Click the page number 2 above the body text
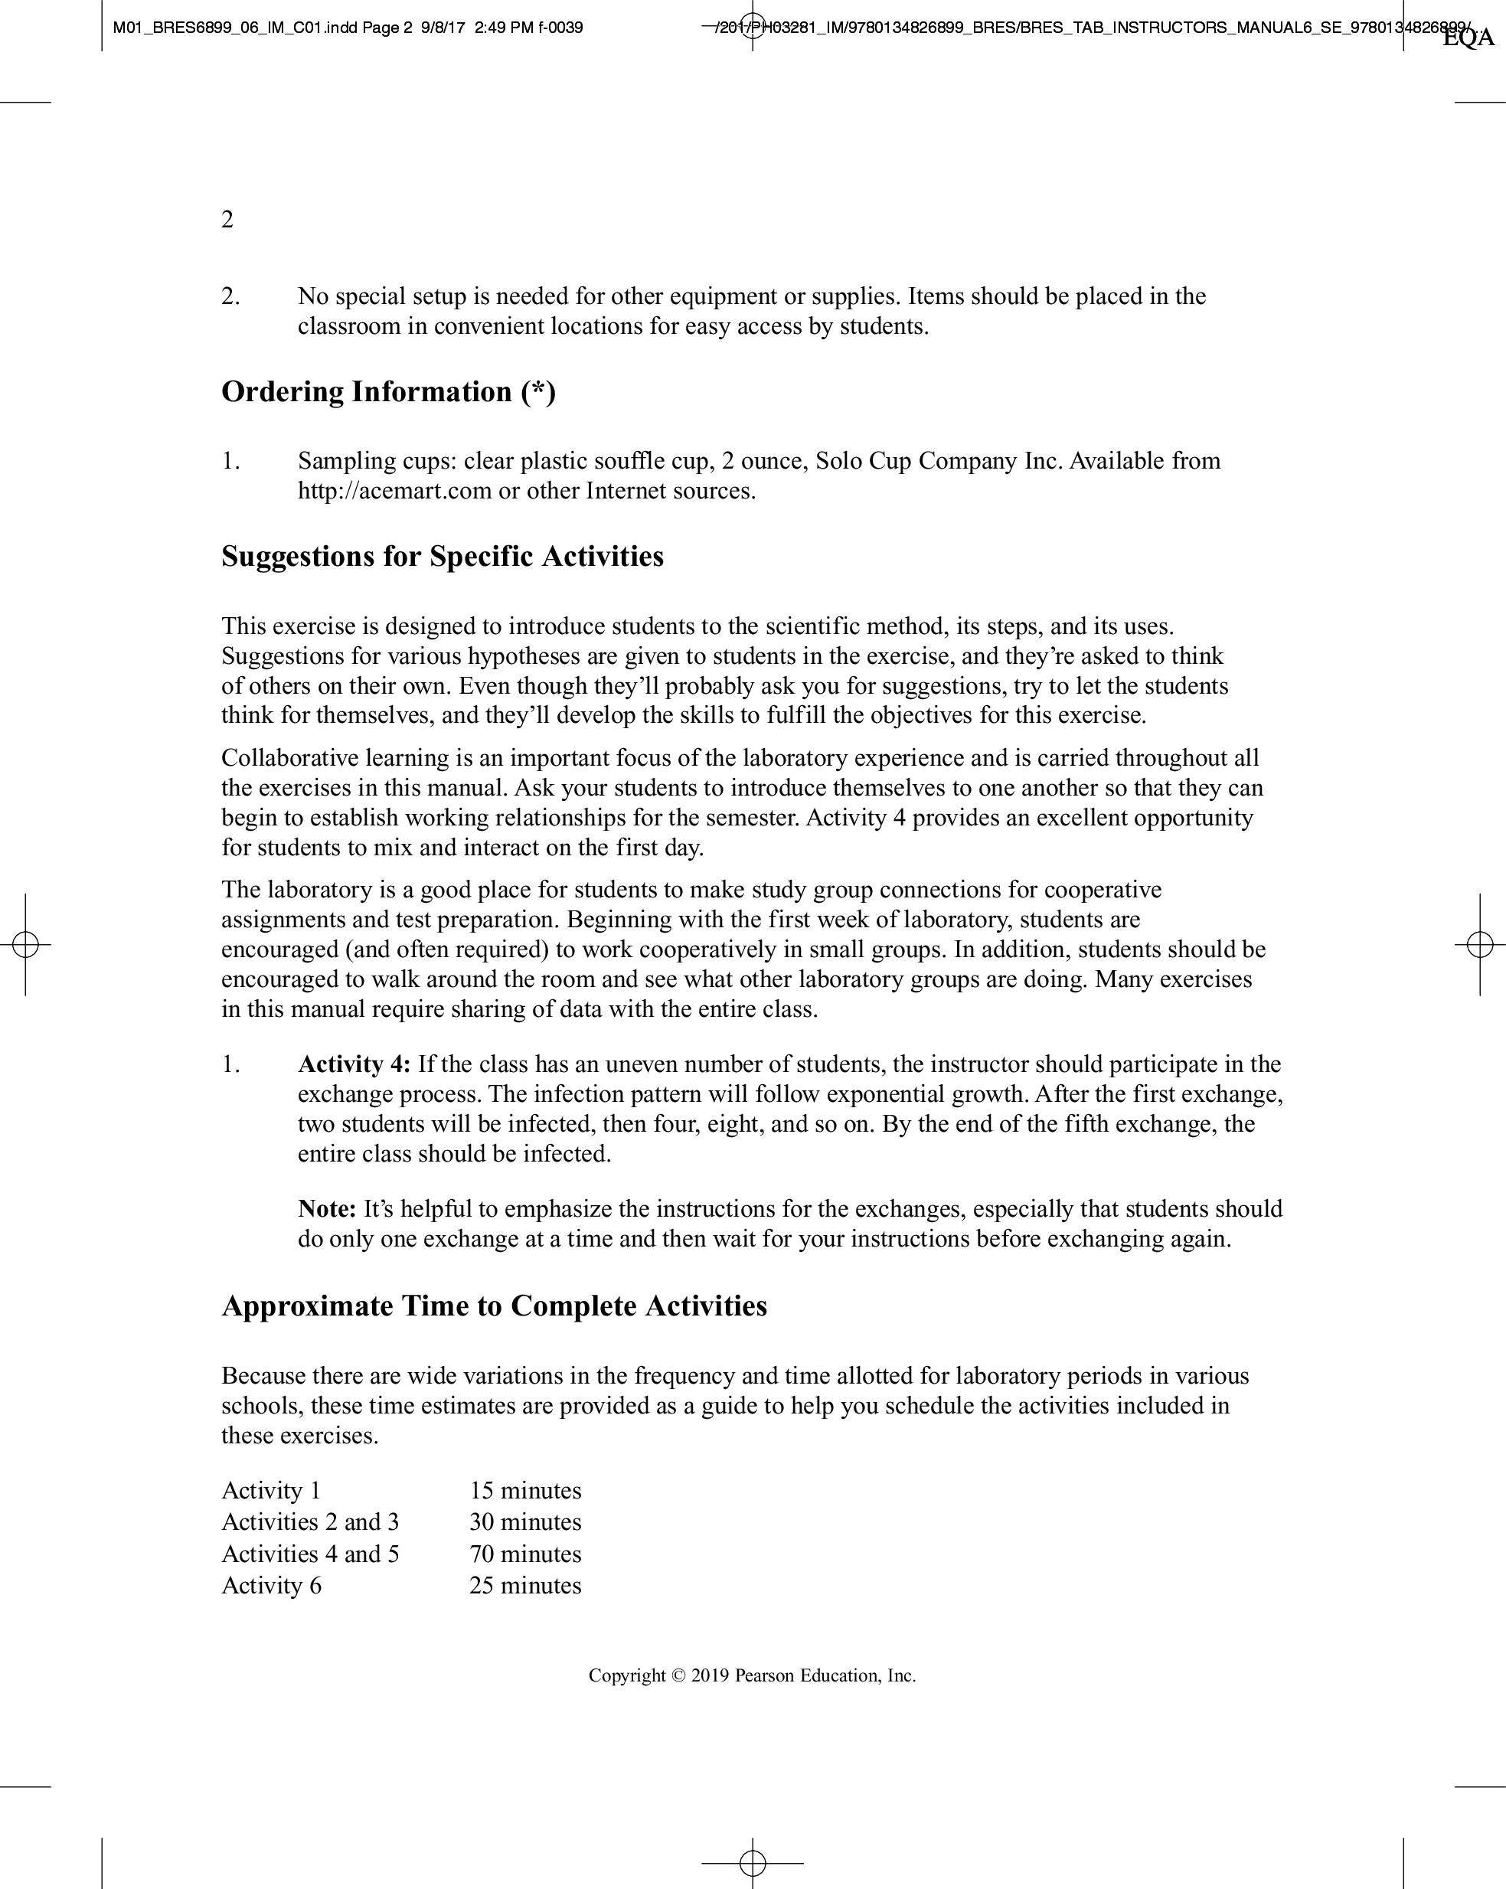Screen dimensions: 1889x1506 coord(227,219)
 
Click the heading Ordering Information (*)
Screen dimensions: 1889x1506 coord(388,391)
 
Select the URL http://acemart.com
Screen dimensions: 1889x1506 coord(394,491)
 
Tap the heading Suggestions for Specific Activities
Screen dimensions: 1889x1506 coord(442,557)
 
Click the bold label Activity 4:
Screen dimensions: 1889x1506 coord(354,1064)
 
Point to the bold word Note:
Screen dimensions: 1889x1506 coord(327,1209)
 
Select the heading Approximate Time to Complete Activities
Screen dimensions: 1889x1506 coord(494,1306)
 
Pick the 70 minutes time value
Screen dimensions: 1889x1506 coord(524,1554)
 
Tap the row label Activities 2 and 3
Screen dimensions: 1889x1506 coord(310,1522)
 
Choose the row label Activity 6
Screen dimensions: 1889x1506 coord(271,1585)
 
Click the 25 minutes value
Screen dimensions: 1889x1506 coord(524,1585)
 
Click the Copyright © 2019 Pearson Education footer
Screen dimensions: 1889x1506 coord(752,1675)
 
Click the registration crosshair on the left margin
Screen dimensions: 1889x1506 coord(25,945)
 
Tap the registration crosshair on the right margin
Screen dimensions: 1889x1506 coord(1480,945)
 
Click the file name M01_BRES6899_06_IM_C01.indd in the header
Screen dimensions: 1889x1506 coord(235,27)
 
